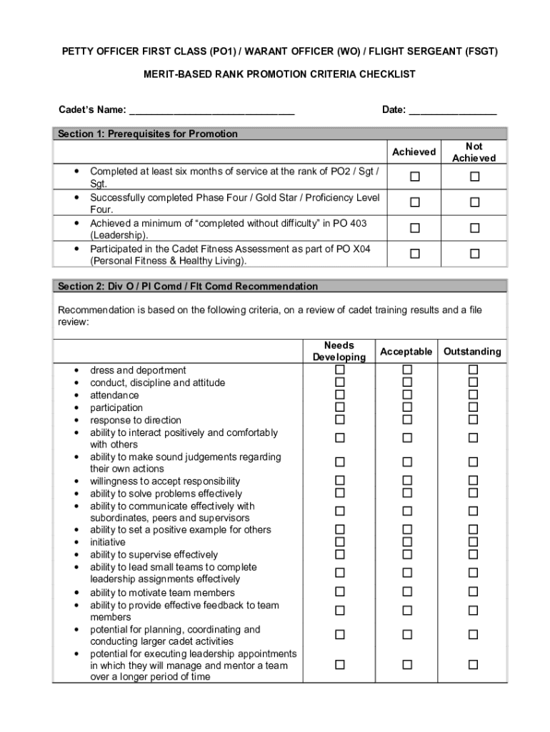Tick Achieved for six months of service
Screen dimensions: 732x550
point(414,177)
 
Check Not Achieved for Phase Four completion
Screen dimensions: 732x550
point(474,203)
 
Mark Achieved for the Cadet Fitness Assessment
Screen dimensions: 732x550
point(414,254)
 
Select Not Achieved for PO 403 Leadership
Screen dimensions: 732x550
point(474,229)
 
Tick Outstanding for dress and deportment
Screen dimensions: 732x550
point(473,370)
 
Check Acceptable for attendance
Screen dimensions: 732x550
point(406,395)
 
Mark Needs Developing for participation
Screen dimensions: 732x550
point(340,407)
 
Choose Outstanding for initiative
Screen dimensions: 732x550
point(473,542)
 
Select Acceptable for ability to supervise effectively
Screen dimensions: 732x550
point(406,554)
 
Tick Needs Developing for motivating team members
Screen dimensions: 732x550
point(340,592)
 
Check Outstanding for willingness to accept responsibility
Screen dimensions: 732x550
point(473,480)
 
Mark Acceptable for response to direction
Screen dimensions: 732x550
point(406,420)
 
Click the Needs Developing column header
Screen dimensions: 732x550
point(339,351)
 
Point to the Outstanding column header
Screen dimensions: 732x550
point(473,352)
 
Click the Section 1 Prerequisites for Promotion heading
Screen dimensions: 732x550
point(148,134)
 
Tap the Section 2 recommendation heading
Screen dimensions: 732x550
point(188,287)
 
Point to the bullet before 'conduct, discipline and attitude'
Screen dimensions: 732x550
point(76,383)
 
